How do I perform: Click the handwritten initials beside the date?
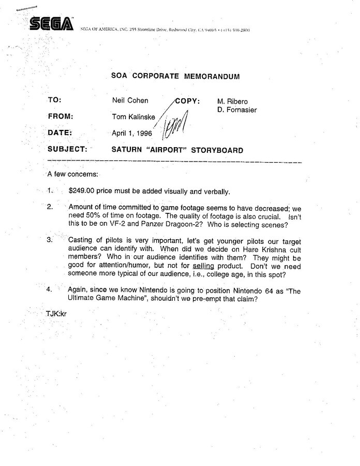click(175, 126)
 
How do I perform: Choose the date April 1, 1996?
click(132, 133)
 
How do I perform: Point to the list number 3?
click(50, 240)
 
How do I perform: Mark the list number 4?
click(50, 290)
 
